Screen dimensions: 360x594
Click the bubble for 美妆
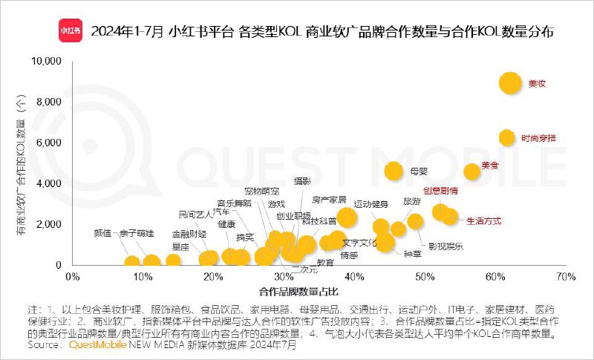pos(510,83)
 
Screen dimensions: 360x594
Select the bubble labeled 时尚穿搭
pos(506,137)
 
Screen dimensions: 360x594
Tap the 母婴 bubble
pos(394,171)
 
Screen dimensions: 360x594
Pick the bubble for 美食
pos(472,171)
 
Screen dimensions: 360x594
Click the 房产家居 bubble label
pos(329,200)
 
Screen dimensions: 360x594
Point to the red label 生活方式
pos(484,221)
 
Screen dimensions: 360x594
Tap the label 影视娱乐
pos(446,246)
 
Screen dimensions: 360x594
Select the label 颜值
pos(102,233)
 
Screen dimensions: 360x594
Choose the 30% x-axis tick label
pos(283,277)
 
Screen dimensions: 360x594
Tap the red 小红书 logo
pos(71,33)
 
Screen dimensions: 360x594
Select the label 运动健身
pos(371,204)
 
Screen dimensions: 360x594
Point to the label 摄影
pos(301,180)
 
